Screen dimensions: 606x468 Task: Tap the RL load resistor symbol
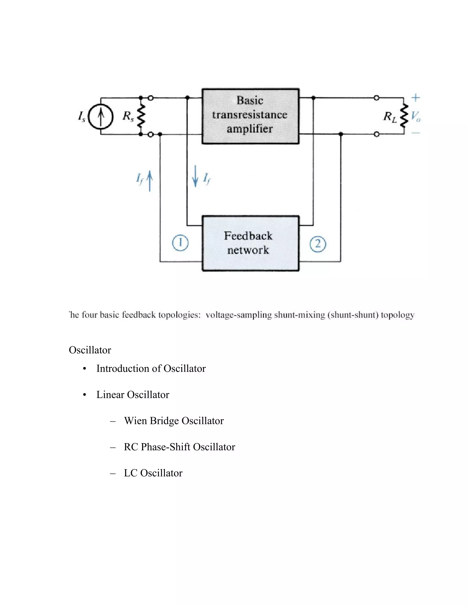404,116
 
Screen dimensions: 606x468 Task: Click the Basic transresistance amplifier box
250,116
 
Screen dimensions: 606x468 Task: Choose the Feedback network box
250,243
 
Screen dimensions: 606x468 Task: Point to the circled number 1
180,243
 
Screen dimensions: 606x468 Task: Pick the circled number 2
318,244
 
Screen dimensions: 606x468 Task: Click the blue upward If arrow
150,181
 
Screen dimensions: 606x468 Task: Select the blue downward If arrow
195,176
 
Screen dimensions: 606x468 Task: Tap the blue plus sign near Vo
415,98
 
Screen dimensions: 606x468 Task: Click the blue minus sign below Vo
415,133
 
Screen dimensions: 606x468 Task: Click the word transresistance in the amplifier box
250,115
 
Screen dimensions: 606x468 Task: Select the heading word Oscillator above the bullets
90,350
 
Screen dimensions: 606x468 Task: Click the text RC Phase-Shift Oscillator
179,447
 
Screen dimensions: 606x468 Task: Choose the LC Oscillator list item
153,473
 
